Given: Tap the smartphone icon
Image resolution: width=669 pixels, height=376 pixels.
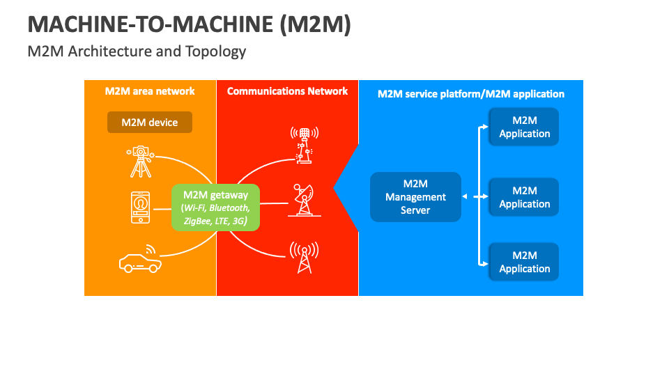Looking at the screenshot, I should pyautogui.click(x=141, y=207).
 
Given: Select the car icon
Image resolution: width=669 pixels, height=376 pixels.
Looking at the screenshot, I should pyautogui.click(x=139, y=263).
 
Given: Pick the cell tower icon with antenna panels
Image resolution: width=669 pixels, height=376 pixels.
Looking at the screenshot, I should pyautogui.click(x=304, y=144).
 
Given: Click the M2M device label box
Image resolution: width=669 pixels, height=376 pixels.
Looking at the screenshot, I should pyautogui.click(x=149, y=123).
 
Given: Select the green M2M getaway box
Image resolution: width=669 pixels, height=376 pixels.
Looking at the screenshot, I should pyautogui.click(x=215, y=207).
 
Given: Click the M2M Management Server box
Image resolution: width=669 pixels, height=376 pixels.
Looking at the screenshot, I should pyautogui.click(x=415, y=197).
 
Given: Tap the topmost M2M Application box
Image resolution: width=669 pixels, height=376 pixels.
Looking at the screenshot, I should pyautogui.click(x=524, y=127).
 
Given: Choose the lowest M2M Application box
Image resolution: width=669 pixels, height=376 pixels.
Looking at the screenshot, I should pyautogui.click(x=524, y=262).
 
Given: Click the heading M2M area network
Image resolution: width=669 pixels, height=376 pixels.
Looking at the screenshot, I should pyautogui.click(x=150, y=91).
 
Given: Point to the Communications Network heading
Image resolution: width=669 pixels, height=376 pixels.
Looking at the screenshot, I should pyautogui.click(x=287, y=91).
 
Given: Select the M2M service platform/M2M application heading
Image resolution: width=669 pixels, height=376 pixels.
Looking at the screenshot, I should pyautogui.click(x=470, y=94).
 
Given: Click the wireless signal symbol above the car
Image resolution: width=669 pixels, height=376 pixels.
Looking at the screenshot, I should pyautogui.click(x=151, y=249).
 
